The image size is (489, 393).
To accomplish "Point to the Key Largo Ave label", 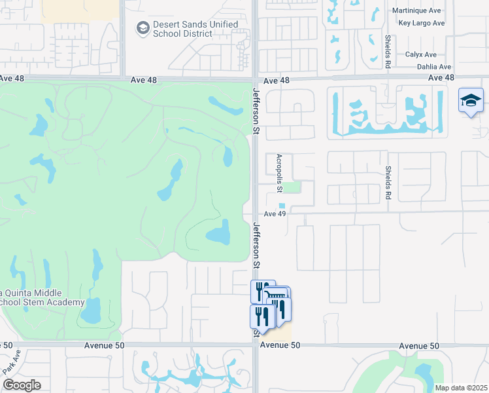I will click(x=421, y=23).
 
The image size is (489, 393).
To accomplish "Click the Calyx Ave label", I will click(x=420, y=54).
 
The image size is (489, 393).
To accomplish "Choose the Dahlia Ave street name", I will click(x=428, y=67).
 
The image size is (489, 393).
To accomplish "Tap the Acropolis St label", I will click(x=278, y=173).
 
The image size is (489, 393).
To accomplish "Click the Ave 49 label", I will click(x=275, y=214).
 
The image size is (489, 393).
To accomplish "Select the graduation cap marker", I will click(x=471, y=101).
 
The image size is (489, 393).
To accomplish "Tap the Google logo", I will click(x=21, y=385).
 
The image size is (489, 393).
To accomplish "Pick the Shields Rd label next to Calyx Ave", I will click(x=388, y=51).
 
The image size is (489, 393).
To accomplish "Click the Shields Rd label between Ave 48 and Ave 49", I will click(x=388, y=179).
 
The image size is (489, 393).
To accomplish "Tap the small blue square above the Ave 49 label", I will click(x=282, y=205).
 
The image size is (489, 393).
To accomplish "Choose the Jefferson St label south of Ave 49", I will click(x=256, y=246).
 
